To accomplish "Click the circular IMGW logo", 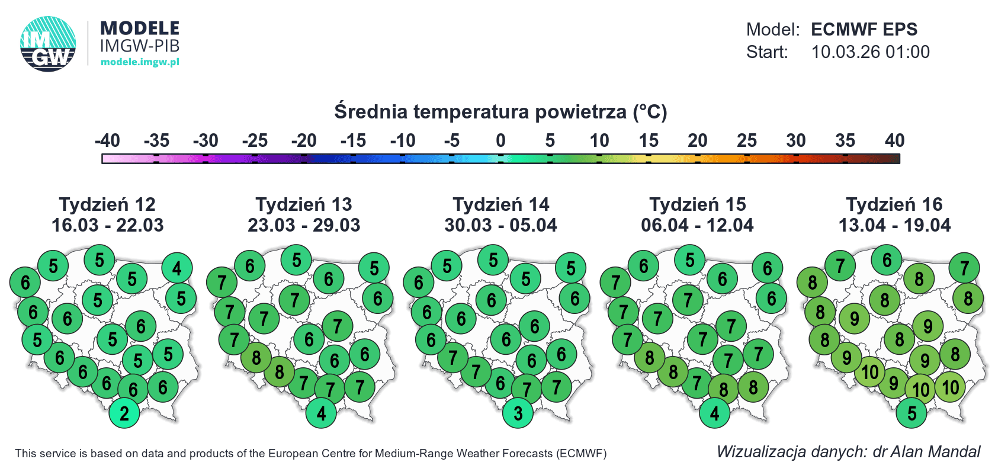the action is [x=48, y=44].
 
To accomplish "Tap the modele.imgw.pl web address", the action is [x=140, y=62].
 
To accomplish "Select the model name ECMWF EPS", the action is [x=864, y=30].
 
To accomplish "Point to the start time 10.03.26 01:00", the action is [x=870, y=52].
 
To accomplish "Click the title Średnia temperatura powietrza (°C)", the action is [x=500, y=111].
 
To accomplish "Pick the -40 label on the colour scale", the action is [x=108, y=141].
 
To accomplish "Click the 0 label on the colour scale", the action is [x=500, y=141].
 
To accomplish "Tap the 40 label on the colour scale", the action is [x=894, y=141].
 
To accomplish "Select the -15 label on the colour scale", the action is [x=353, y=141].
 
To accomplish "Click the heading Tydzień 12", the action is [x=108, y=204].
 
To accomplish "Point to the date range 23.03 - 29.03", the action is [x=304, y=225].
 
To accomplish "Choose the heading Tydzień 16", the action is [x=894, y=204].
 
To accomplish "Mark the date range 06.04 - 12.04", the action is [x=697, y=225].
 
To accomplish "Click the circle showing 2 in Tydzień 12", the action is [x=124, y=413].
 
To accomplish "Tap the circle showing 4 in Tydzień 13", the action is [x=321, y=413].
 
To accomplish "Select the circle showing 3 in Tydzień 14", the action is [x=518, y=413].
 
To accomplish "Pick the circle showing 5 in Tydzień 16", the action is [x=911, y=413].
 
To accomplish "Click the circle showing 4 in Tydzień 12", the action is [x=177, y=268].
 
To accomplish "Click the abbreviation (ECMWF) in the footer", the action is [x=581, y=454].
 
